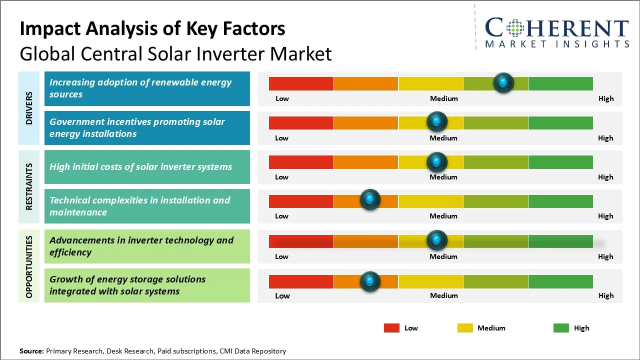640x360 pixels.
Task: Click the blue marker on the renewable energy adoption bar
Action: pyautogui.click(x=503, y=82)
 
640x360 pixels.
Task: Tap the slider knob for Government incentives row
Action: pyautogui.click(x=437, y=121)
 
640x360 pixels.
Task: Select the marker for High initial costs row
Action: pyautogui.click(x=437, y=161)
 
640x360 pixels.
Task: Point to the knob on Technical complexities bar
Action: pyautogui.click(x=370, y=199)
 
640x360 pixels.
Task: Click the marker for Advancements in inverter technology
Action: pyautogui.click(x=437, y=240)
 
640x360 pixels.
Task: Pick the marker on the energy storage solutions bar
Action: pyautogui.click(x=370, y=281)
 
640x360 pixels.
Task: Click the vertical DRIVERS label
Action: pyautogui.click(x=29, y=108)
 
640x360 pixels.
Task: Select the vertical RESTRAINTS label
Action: pyautogui.click(x=29, y=186)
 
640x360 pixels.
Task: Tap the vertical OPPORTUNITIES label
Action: pyautogui.click(x=29, y=266)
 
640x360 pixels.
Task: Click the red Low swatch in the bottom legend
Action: pyautogui.click(x=391, y=328)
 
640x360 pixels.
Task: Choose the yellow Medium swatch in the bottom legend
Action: pyautogui.click(x=465, y=328)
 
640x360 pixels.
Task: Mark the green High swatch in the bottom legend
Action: pyautogui.click(x=561, y=328)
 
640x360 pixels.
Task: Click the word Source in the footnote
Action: pyautogui.click(x=31, y=351)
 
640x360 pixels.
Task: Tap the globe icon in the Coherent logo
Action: pyautogui.click(x=515, y=28)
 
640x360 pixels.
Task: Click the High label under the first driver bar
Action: pyautogui.click(x=606, y=98)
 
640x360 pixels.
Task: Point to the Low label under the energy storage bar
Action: pyautogui.click(x=282, y=295)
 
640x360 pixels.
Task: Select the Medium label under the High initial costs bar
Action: pyautogui.click(x=443, y=177)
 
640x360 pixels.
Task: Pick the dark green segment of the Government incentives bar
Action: pyautogui.click(x=560, y=122)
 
